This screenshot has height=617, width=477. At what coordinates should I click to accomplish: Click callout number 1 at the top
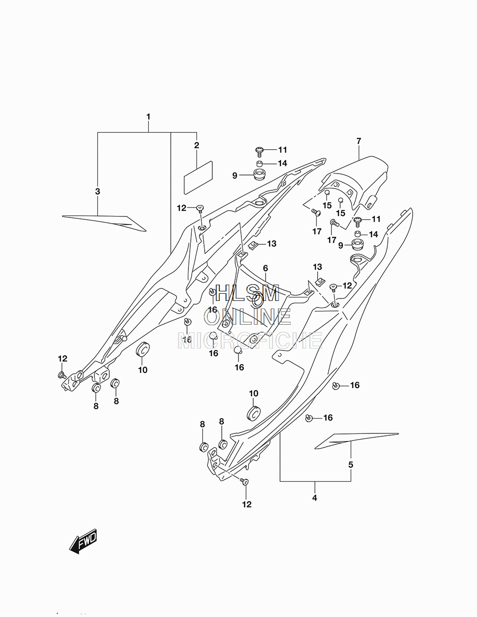point(148,116)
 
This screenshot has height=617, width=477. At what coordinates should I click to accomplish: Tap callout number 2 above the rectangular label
point(197,145)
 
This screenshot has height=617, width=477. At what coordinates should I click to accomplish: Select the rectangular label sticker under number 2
point(198,177)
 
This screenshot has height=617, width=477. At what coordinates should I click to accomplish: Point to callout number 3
point(97,191)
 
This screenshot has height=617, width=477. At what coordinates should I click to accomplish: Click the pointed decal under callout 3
point(104,224)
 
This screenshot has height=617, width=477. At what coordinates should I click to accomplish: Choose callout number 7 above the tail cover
point(359,141)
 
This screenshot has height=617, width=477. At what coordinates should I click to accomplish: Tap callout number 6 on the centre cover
point(266,268)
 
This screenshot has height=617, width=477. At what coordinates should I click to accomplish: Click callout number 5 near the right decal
point(351,465)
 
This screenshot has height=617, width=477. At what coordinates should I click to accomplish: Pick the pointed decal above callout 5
point(356,441)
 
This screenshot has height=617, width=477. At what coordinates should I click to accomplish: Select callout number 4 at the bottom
point(315,498)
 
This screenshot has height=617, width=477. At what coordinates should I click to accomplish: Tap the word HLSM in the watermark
point(248,293)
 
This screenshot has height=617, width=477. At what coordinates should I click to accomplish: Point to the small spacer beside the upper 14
point(259,164)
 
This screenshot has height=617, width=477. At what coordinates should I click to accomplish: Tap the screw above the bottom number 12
point(244,481)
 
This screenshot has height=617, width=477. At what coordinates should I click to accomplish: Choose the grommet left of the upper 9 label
point(259,175)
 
